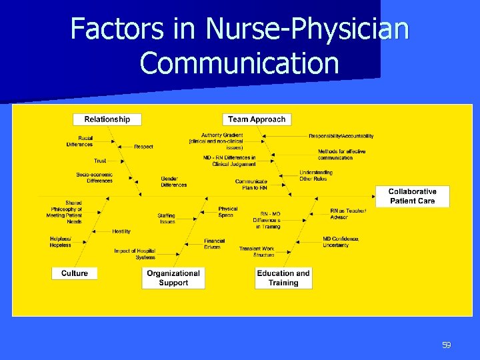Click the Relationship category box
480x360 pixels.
click(107, 119)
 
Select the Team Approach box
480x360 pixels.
click(257, 119)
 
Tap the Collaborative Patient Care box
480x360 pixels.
click(412, 196)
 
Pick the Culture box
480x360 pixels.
click(75, 273)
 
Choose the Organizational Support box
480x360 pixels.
click(173, 278)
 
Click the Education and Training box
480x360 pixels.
click(283, 278)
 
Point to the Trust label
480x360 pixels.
click(100, 161)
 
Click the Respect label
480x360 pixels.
click(143, 147)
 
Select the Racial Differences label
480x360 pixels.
click(80, 141)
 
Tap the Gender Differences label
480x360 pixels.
click(174, 182)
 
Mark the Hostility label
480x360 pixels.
click(121, 231)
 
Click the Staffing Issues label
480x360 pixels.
click(167, 219)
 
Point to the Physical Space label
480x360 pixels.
click(227, 212)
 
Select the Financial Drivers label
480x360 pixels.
click(215, 244)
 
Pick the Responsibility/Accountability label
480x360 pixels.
click(341, 136)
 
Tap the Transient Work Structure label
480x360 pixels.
click(257, 252)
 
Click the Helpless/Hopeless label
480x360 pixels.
click(60, 242)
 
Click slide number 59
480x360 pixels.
click(447, 345)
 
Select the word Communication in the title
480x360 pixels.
click(240, 63)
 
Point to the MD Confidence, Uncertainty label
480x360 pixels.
click(341, 242)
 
